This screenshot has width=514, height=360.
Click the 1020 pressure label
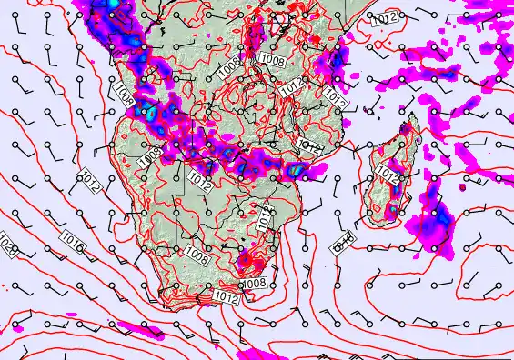point(8,246)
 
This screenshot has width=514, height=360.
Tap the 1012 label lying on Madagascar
point(388,172)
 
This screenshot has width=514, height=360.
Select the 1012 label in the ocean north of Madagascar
point(385,18)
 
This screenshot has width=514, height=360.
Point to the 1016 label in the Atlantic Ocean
point(73,239)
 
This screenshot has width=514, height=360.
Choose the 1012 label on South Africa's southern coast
point(227,296)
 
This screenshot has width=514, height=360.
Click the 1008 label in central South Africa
point(197,249)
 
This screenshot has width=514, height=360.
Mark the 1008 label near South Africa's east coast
point(255,283)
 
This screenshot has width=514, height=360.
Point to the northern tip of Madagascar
point(410,116)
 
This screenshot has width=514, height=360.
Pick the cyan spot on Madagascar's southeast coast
point(392,211)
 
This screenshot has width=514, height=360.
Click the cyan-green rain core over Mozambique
point(295,168)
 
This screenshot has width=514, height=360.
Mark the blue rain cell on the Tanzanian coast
point(337,60)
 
